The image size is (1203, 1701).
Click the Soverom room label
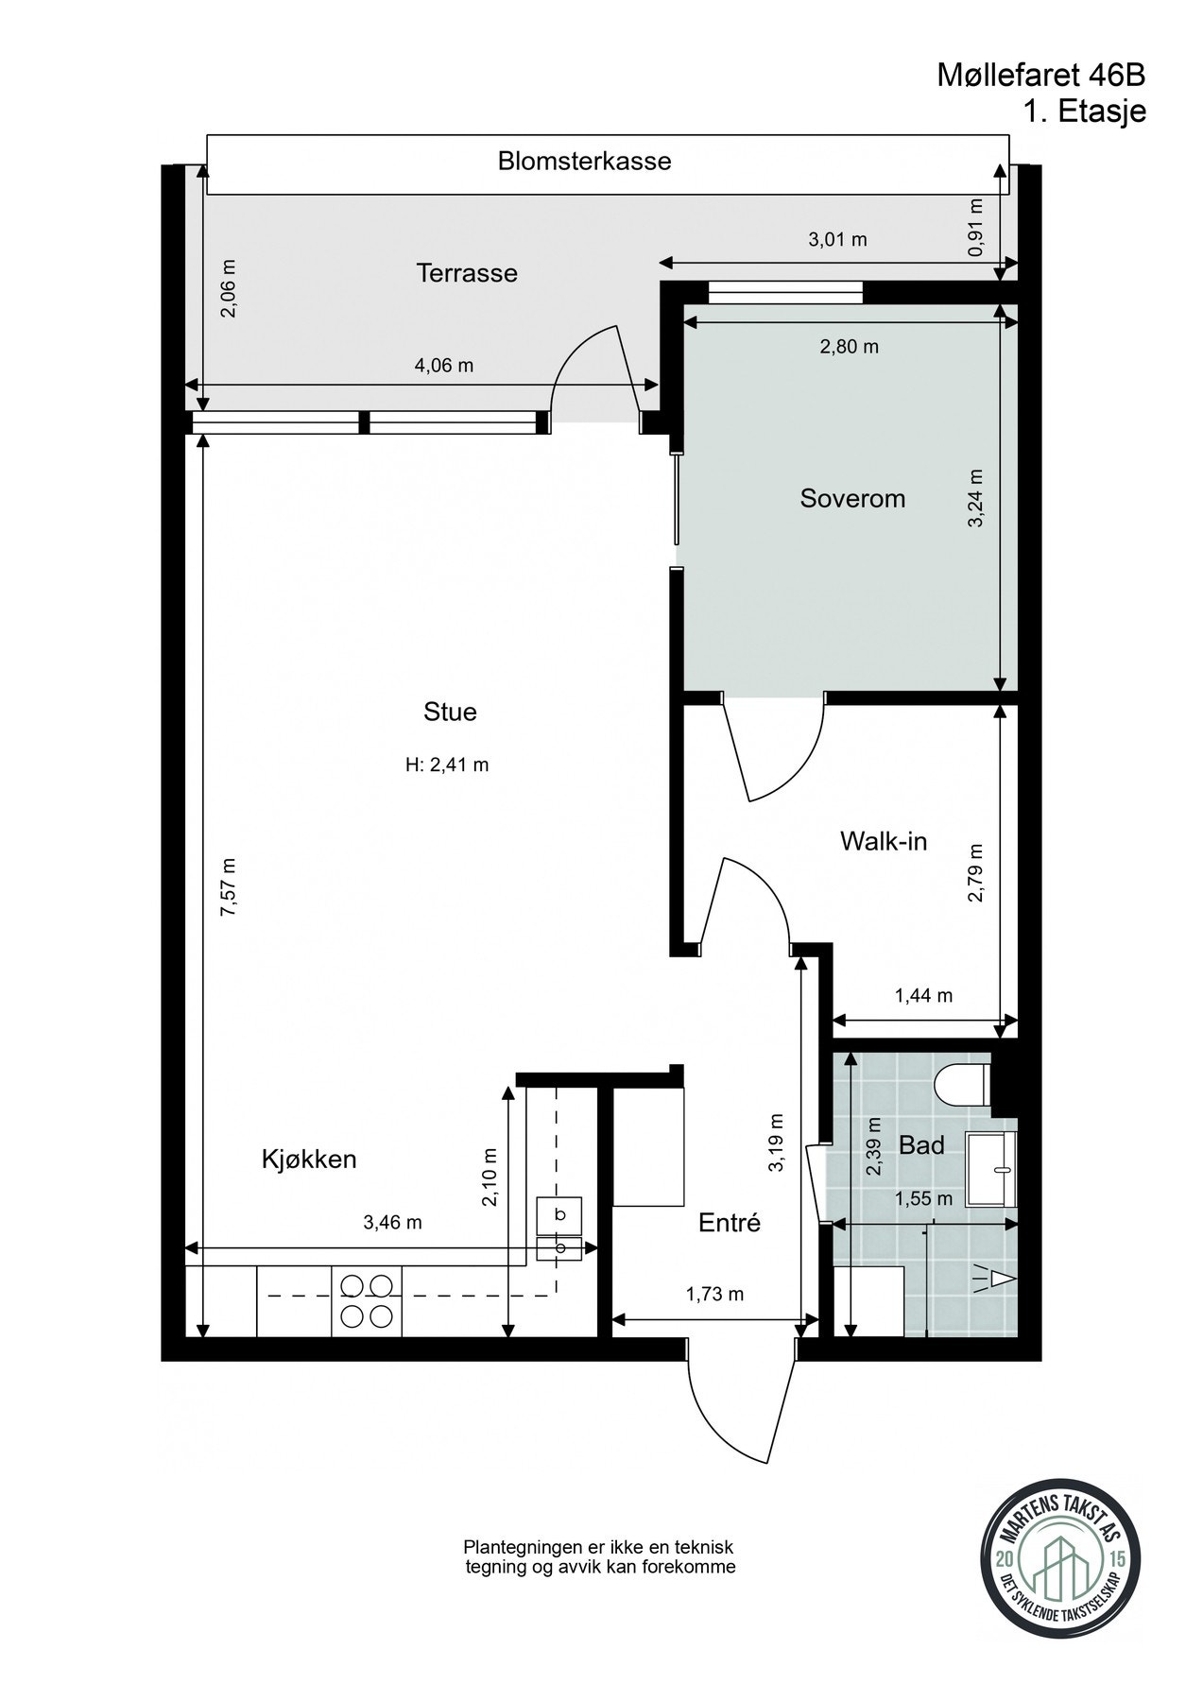click(852, 498)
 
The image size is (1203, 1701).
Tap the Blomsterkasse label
click(584, 161)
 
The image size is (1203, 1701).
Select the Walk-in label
click(883, 840)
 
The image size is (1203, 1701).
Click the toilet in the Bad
click(962, 1083)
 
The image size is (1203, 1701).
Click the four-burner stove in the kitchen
click(367, 1300)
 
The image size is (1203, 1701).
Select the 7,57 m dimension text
click(227, 886)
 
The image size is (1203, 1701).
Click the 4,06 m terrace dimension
click(444, 365)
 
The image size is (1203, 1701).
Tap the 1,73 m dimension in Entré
click(714, 1294)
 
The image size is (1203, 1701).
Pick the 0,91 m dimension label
click(976, 227)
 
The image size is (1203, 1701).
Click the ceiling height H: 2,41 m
click(447, 765)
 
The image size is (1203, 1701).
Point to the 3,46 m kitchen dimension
click(392, 1222)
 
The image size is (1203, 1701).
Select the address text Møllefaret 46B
click(1041, 75)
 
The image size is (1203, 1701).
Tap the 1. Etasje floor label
click(1084, 112)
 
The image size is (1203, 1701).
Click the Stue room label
click(450, 712)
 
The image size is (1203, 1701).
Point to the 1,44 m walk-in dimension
click(922, 995)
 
